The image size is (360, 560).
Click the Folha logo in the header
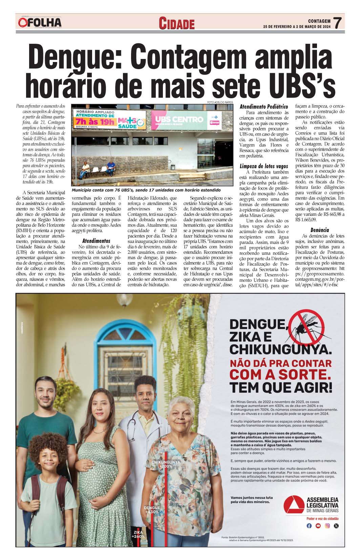click(40, 23)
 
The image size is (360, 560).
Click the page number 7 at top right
click(337, 23)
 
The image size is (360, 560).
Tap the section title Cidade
click(177, 24)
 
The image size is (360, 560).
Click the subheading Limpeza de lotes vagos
click(263, 166)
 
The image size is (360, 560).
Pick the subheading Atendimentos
click(96, 241)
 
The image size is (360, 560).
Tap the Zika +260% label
click(138, 534)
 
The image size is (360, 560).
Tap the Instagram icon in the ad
click(327, 526)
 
